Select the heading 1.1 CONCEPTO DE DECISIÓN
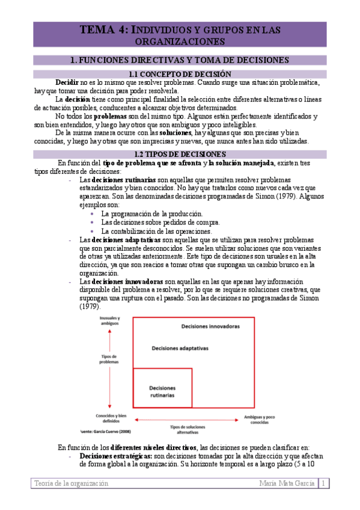coord(180,74)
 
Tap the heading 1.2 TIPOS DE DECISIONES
coord(180,154)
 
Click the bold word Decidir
coord(67,82)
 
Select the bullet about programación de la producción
coord(152,214)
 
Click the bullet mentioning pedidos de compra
coord(152,223)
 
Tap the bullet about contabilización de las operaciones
coord(156,231)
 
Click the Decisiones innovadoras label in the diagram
coord(210,326)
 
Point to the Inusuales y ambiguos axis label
coord(109,321)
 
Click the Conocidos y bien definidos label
coord(109,418)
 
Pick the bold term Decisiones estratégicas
coord(115,456)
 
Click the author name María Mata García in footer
coord(287,483)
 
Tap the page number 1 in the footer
coord(325,483)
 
